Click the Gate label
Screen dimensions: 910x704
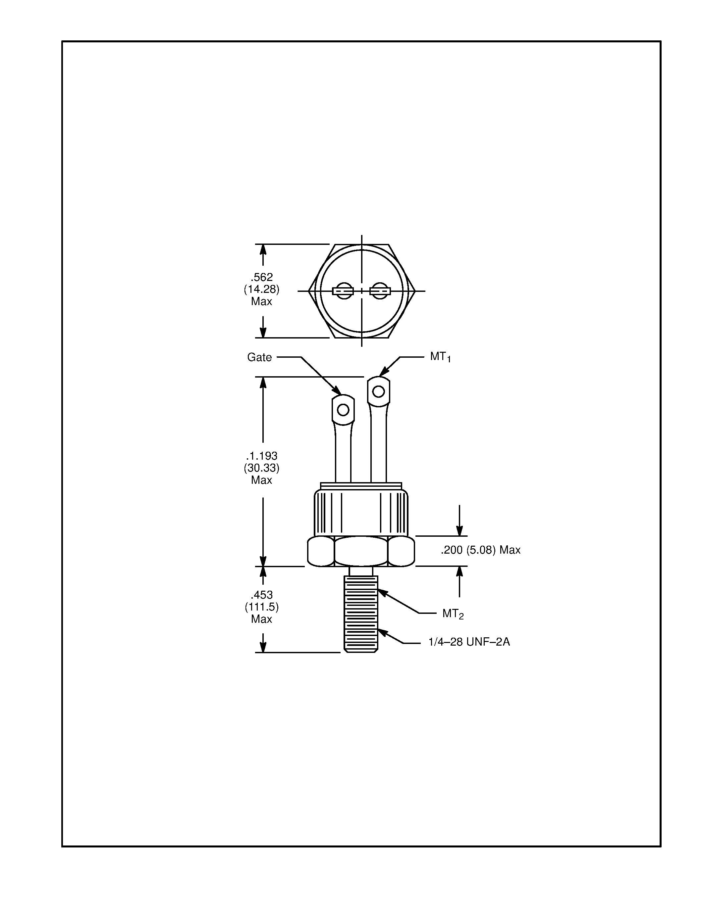tap(259, 357)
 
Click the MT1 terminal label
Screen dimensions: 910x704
tap(440, 357)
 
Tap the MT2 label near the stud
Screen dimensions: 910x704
tap(453, 614)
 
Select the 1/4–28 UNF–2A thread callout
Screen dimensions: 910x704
tap(469, 642)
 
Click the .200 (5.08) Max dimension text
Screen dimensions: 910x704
tap(480, 550)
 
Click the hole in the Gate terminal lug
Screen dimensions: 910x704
tap(343, 410)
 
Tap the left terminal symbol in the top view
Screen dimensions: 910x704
tap(343, 291)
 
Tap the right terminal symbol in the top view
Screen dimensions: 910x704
tap(380, 291)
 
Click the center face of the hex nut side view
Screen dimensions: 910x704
tap(361, 551)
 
